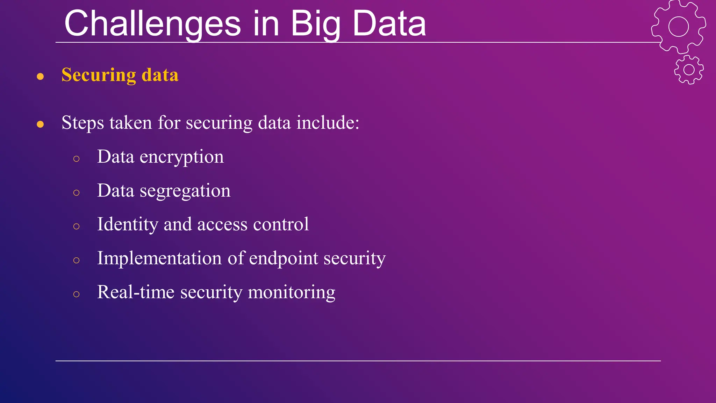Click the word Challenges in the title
pos(152,24)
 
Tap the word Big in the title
pos(315,24)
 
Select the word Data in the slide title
pos(389,24)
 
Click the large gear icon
pos(678,27)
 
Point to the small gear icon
pos(689,70)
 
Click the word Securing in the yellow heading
pos(99,75)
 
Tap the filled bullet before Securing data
pos(40,76)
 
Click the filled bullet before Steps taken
pos(40,124)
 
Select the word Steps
pos(83,123)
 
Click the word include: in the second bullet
pos(328,123)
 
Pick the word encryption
pos(181,157)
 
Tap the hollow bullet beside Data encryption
pos(77,159)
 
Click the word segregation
pos(185,191)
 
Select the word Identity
pos(127,225)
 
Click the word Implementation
pos(159,258)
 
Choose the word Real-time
pos(136,292)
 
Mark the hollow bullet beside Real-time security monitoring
pos(77,294)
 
